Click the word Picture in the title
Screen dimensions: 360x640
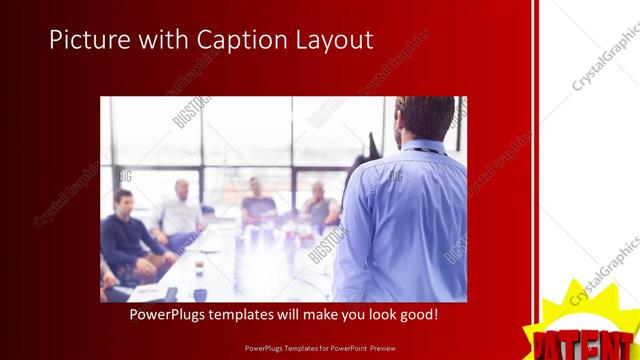86,40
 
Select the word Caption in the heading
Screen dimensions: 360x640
240,40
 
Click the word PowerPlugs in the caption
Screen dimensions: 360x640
172,314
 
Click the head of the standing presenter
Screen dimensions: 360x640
417,118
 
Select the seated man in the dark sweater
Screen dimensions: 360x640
126,235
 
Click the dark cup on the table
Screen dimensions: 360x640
200,294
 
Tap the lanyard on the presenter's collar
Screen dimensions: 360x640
425,150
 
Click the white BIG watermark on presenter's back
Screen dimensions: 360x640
395,177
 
